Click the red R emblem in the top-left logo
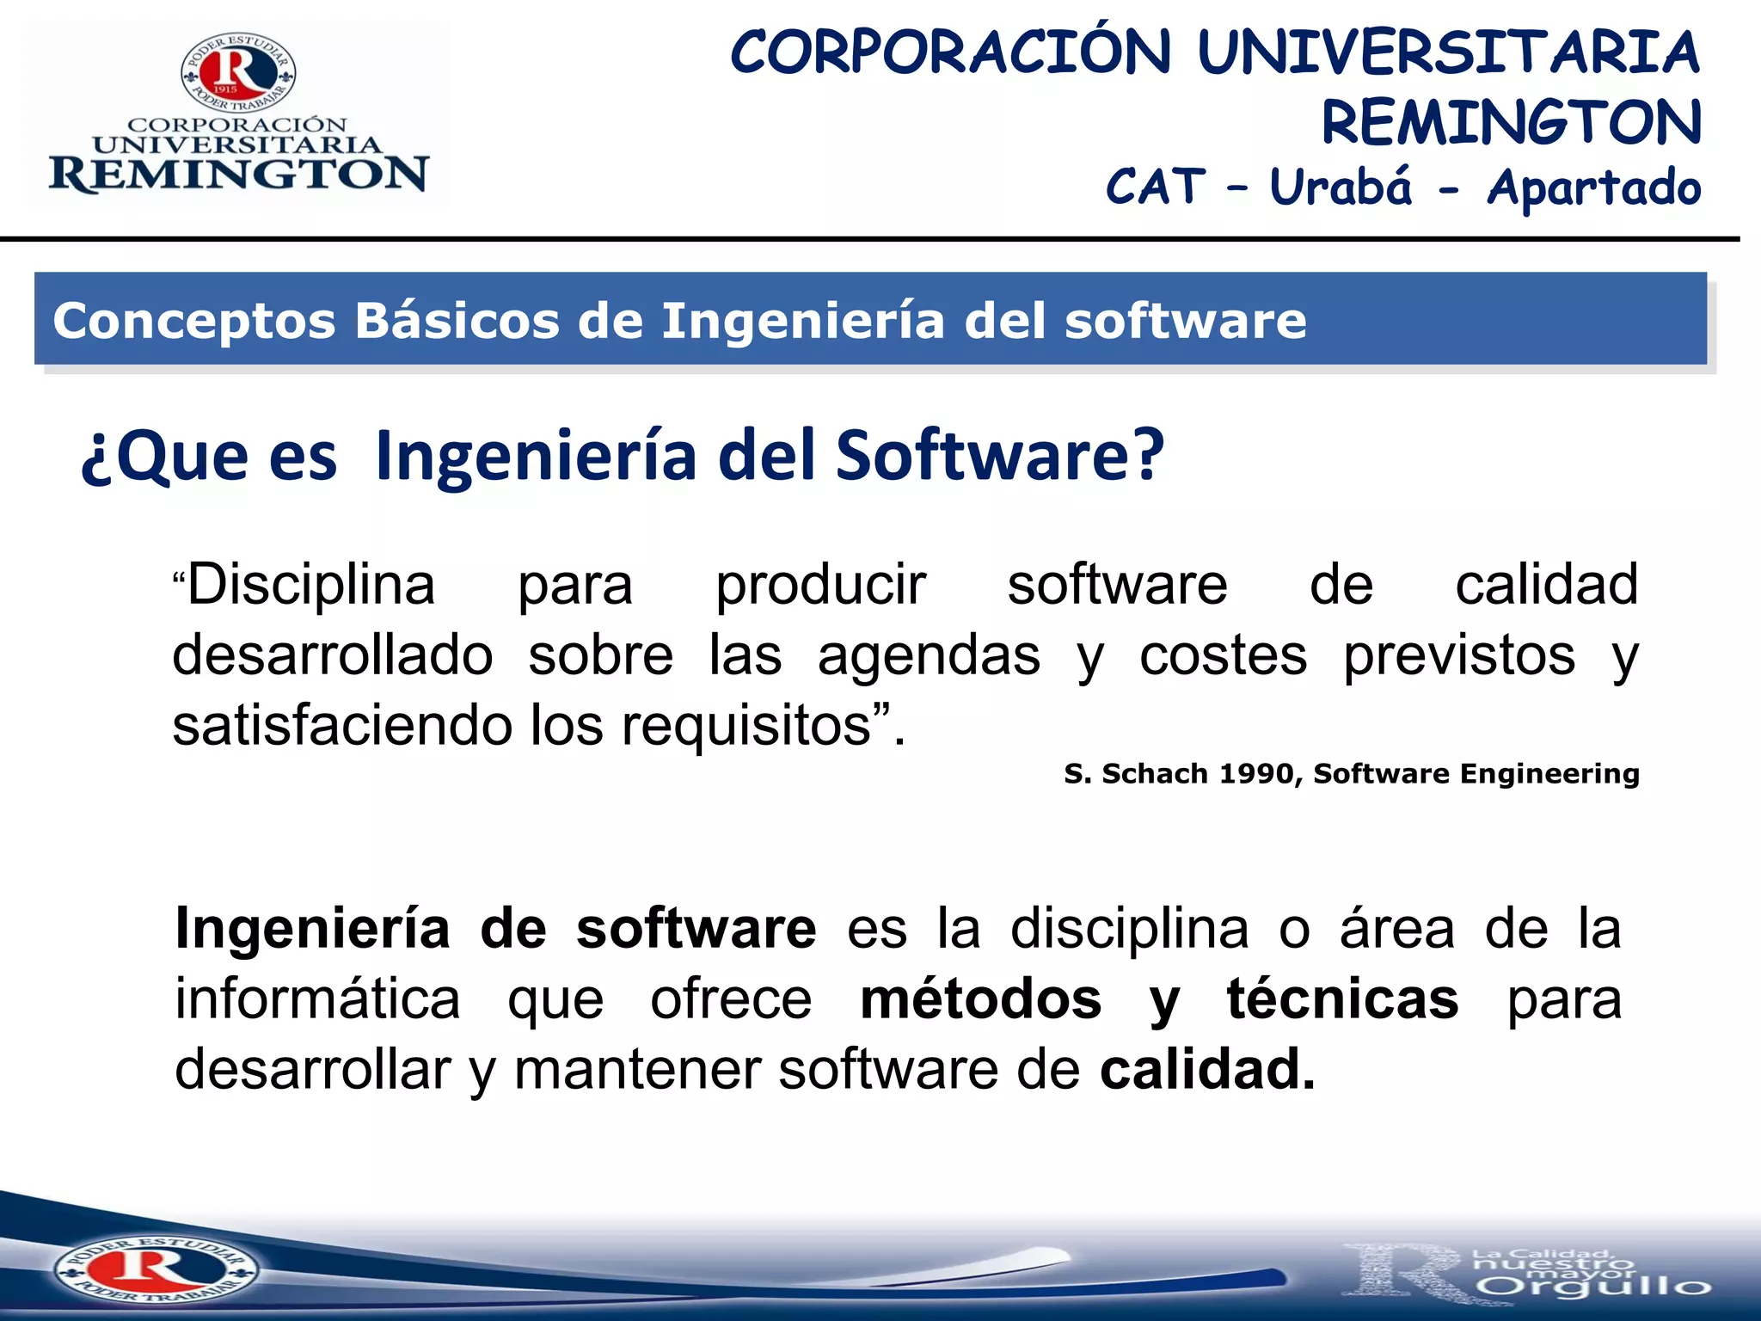pos(238,73)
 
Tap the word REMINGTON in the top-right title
pos(1511,122)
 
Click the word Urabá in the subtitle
pos(1341,187)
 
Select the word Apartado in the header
pos(1593,188)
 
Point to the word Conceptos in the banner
pos(194,322)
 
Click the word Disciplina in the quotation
pos(310,585)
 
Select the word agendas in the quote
pos(929,655)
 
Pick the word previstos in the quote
pos(1459,655)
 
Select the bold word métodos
pos(980,999)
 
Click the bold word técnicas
pos(1342,999)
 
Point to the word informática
pos(317,999)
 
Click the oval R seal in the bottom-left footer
pos(156,1269)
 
